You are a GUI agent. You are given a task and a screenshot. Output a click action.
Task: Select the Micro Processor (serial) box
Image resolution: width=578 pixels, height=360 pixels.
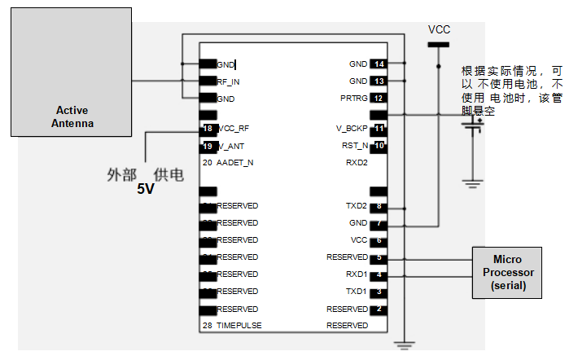[507, 272]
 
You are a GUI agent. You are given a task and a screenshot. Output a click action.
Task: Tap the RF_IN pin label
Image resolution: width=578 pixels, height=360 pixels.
[228, 81]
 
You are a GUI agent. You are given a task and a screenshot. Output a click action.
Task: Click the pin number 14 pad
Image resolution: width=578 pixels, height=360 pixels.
[379, 64]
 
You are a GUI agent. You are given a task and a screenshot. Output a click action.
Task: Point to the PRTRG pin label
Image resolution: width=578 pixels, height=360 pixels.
[354, 99]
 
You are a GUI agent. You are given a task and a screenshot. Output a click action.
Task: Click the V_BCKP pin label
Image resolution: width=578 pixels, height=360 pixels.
[352, 129]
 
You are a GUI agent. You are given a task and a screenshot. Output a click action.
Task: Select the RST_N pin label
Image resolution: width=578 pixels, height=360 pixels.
[355, 146]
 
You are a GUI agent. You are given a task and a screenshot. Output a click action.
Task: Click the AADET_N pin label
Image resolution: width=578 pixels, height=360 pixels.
[234, 163]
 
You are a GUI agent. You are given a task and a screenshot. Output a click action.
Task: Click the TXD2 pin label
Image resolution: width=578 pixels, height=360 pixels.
[357, 206]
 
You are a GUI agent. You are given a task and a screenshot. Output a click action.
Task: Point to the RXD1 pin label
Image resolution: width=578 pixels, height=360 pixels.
[357, 274]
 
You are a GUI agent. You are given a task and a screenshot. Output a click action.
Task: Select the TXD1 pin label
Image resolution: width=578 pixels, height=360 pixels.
[357, 292]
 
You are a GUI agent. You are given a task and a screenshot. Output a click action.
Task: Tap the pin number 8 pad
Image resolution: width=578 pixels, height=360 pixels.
[379, 206]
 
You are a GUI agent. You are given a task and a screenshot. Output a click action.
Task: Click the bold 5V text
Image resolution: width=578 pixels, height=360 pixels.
[145, 190]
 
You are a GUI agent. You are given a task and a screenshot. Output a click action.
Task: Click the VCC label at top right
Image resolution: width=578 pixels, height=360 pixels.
[439, 29]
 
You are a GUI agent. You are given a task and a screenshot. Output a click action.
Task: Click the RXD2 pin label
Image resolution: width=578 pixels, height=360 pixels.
[357, 163]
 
